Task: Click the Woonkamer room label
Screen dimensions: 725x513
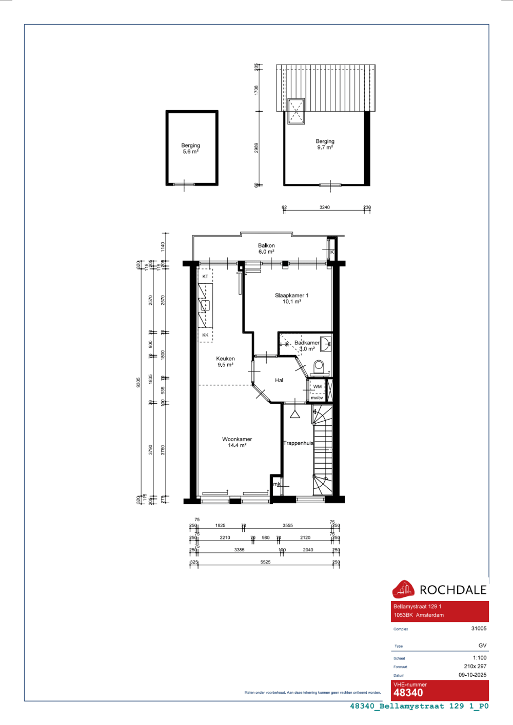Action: [x=237, y=440]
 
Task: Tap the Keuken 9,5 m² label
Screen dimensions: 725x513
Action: [x=225, y=362]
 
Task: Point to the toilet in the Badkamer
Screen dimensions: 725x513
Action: [x=319, y=366]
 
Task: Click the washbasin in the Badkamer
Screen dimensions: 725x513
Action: [x=326, y=344]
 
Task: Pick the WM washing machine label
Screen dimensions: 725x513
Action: [x=318, y=387]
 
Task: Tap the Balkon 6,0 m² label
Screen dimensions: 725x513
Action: [x=266, y=248]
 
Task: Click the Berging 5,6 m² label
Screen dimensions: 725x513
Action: [x=191, y=149]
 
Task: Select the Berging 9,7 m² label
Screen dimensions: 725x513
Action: [x=325, y=144]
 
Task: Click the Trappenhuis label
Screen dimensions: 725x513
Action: [x=298, y=443]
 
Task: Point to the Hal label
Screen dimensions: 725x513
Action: [x=279, y=380]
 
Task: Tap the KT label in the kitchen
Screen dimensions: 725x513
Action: [x=205, y=277]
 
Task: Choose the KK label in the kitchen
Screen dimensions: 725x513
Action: [x=205, y=335]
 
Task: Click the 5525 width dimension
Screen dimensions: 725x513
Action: [x=265, y=562]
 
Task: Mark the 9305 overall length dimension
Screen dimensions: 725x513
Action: [x=139, y=382]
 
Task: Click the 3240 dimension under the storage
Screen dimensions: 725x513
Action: [x=325, y=208]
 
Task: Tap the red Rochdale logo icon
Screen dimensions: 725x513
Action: [x=403, y=589]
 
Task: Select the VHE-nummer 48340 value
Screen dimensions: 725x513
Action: [x=408, y=693]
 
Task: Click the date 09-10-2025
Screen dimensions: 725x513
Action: [x=472, y=675]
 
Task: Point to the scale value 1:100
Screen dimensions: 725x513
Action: [x=480, y=658]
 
